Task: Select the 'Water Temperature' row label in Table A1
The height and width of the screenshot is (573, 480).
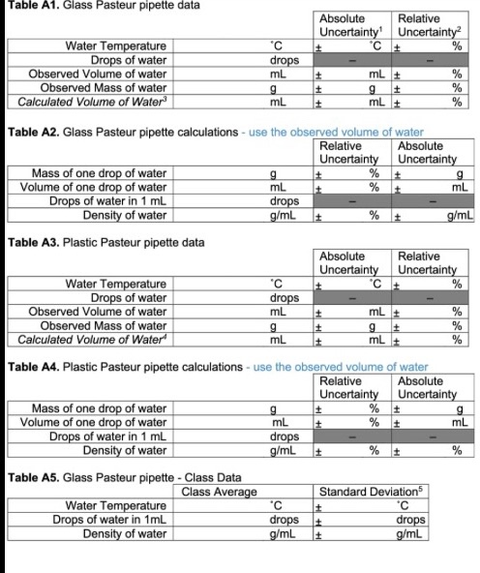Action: [x=114, y=45]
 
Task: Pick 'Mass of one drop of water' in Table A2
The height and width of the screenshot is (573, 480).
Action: [x=99, y=173]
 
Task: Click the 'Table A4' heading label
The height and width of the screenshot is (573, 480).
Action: [x=29, y=368]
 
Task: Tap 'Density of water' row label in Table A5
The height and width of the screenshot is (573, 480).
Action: [x=125, y=532]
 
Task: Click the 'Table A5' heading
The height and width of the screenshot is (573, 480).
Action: [x=29, y=477]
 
